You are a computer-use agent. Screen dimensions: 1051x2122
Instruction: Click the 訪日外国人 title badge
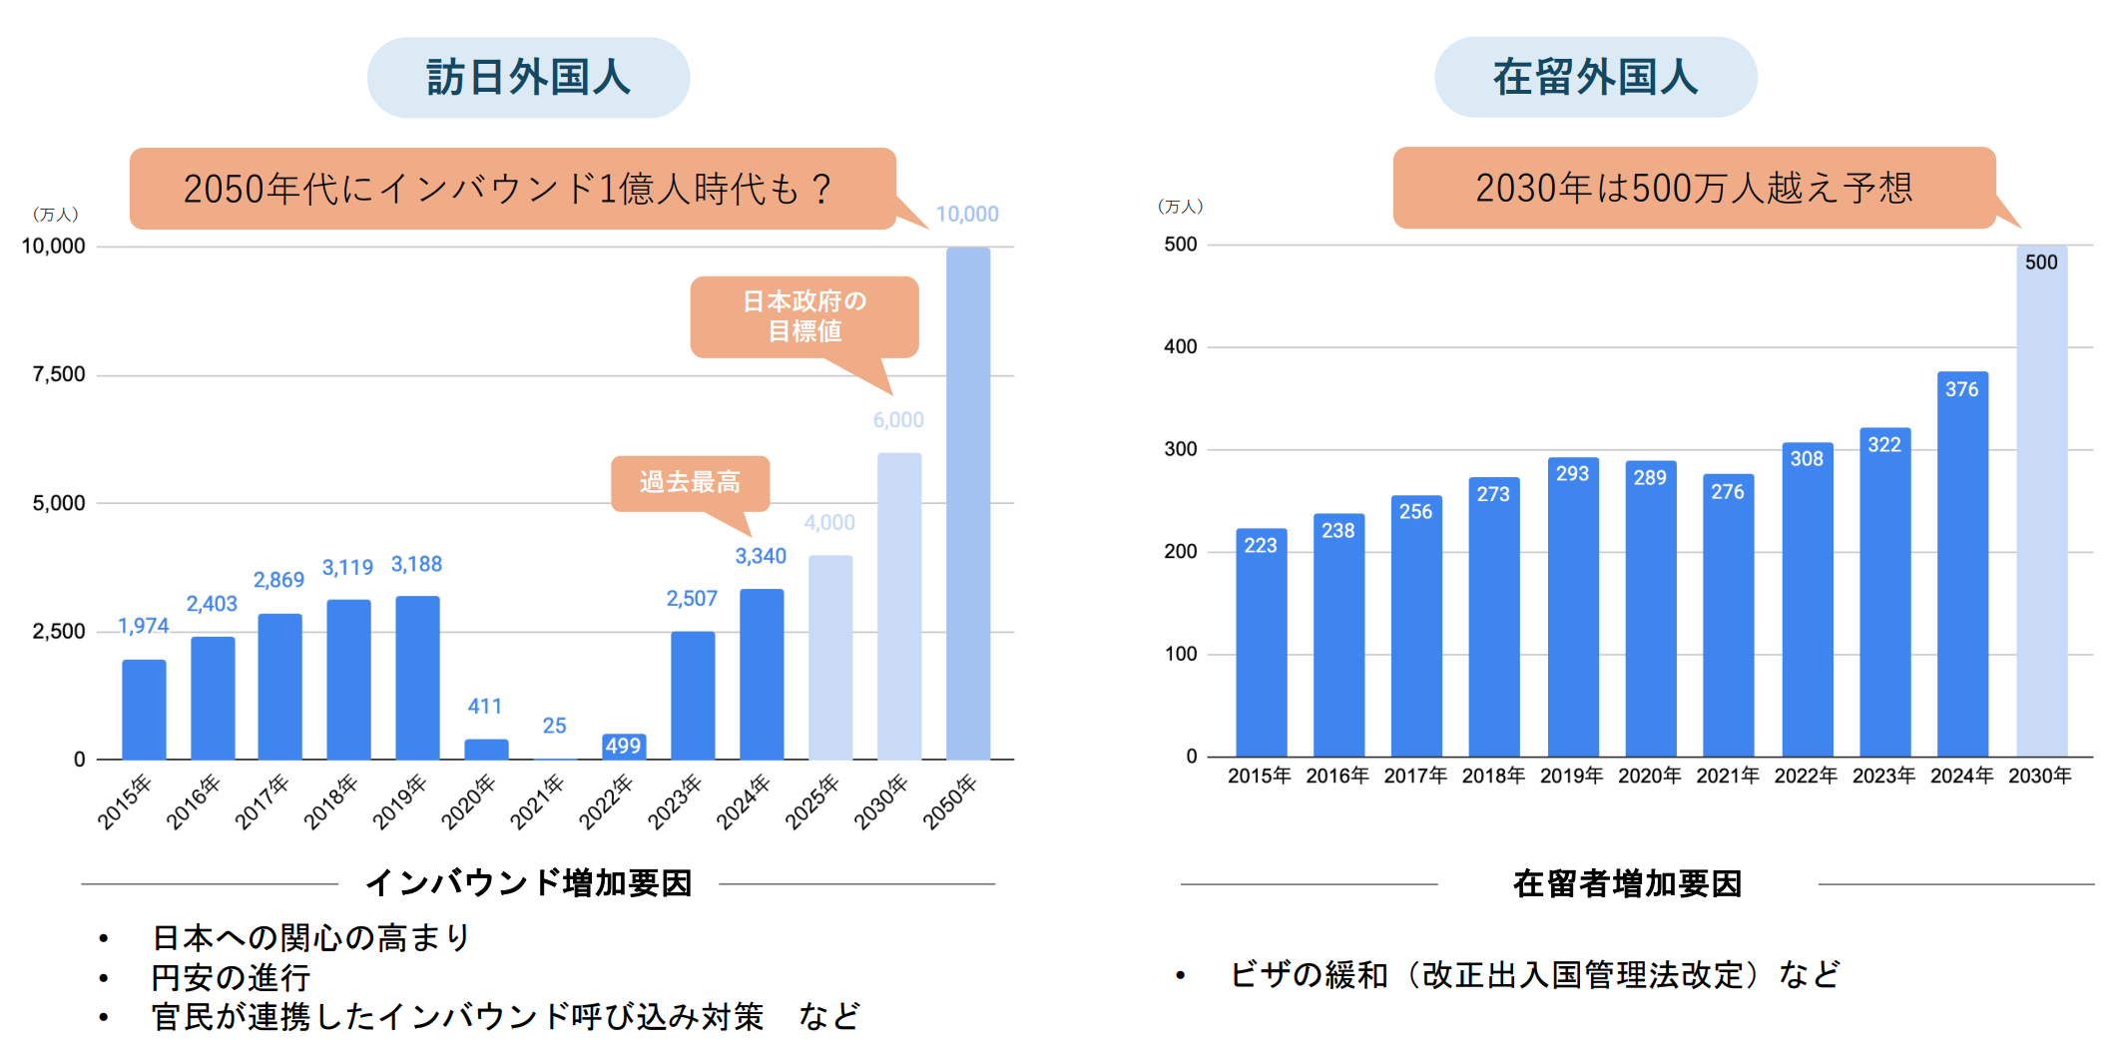coord(528,78)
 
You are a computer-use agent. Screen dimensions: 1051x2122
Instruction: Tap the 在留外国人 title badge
coord(1595,78)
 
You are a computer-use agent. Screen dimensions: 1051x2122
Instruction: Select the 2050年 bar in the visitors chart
coord(968,504)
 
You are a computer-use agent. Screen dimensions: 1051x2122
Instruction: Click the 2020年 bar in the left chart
coord(486,750)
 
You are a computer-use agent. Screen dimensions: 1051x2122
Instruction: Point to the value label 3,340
coord(761,556)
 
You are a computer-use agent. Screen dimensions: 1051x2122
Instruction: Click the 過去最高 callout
coord(690,483)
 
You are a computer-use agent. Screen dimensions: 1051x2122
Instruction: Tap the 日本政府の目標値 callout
coord(803,316)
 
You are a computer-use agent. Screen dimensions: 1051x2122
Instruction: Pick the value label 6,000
coord(898,420)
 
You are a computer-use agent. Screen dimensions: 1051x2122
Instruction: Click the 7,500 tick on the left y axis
coord(59,374)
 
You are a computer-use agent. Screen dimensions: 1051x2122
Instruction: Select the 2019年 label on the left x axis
coord(399,801)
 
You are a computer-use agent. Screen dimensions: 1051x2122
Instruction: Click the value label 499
coord(624,746)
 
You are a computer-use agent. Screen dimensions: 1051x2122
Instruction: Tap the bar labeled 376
coord(1962,564)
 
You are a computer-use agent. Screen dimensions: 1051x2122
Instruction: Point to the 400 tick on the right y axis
coord(1180,346)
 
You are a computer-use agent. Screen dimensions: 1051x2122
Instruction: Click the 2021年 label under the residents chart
coord(1727,776)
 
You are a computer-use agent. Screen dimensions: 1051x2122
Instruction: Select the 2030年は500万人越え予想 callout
coord(1694,188)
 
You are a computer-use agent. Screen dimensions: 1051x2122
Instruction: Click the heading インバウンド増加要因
coord(528,883)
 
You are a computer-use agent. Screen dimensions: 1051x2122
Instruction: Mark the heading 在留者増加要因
coord(1627,883)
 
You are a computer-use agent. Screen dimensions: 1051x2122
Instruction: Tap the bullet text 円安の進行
coord(231,977)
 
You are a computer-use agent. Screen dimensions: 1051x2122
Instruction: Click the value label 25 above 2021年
coord(554,726)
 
